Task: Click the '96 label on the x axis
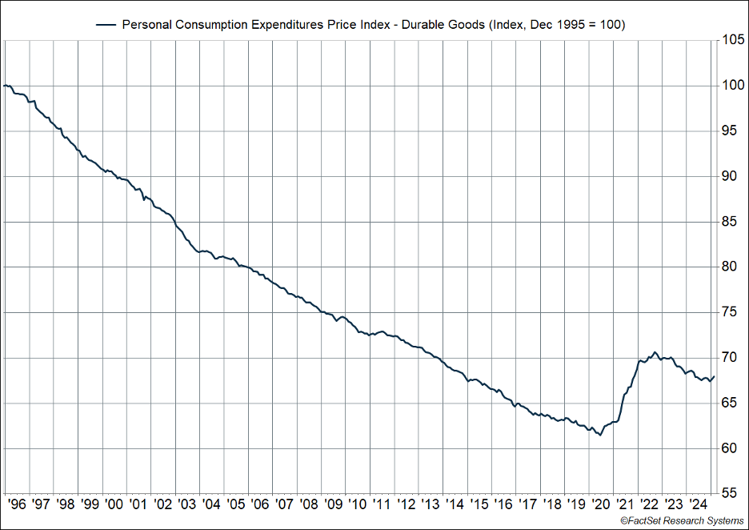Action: click(17, 504)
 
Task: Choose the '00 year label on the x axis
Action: click(114, 504)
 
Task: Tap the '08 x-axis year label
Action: click(308, 504)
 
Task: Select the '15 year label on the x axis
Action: click(479, 504)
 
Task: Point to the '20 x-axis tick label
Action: click(600, 504)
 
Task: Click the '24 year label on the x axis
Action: click(698, 504)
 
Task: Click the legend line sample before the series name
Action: click(106, 25)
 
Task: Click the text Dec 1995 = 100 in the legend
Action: click(576, 25)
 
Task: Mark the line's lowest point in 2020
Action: click(600, 436)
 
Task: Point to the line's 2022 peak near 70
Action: click(655, 352)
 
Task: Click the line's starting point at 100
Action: click(5, 86)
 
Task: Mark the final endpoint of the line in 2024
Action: click(713, 376)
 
